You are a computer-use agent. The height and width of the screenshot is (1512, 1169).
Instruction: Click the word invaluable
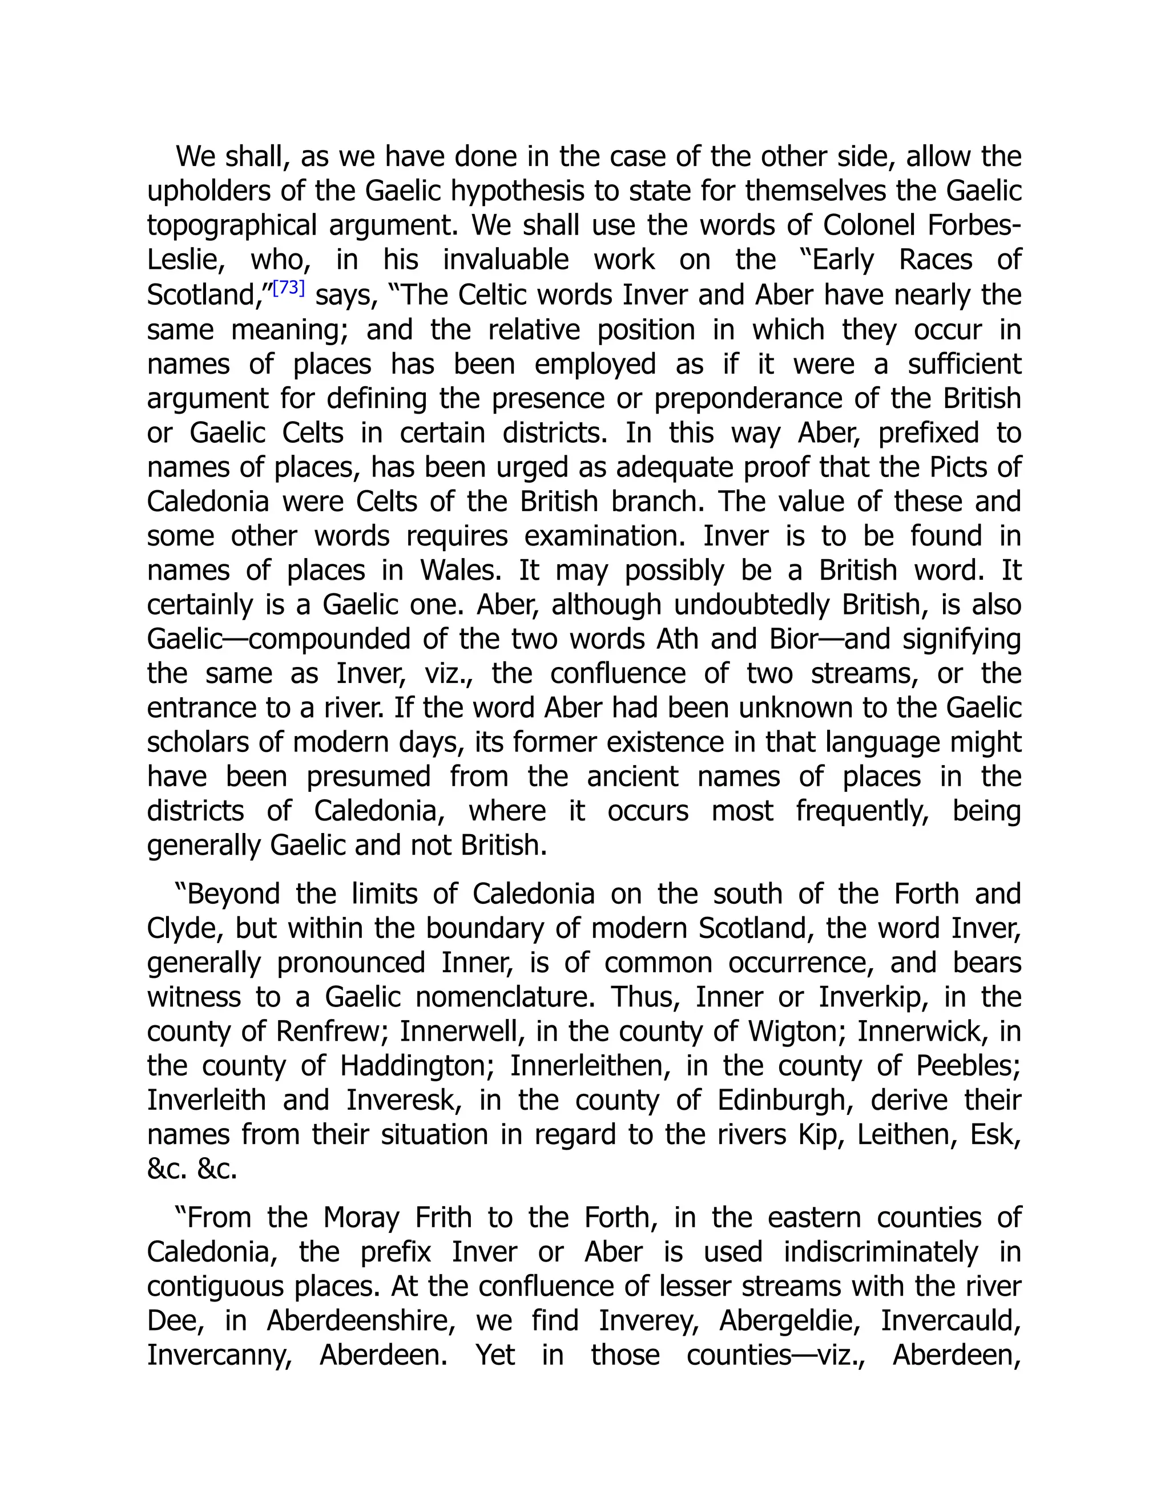(x=506, y=260)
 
